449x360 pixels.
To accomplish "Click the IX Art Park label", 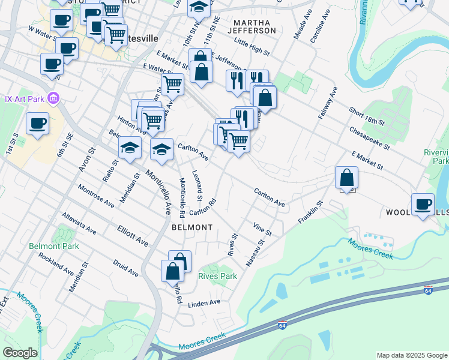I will tap(25, 98).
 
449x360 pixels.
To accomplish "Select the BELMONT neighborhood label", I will tap(192, 227).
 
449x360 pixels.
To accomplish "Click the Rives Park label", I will tap(217, 276).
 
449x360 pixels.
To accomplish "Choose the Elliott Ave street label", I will tap(133, 235).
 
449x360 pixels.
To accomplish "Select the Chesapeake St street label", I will tap(370, 138).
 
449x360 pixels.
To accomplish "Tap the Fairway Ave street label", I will tap(328, 103).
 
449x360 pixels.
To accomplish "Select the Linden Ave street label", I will tap(205, 303).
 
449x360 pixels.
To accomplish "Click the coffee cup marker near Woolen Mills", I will tap(422, 204).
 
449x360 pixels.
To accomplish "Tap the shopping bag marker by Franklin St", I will tap(347, 178).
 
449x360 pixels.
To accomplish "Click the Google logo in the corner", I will tap(20, 353).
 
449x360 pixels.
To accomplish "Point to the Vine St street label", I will tap(263, 229).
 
